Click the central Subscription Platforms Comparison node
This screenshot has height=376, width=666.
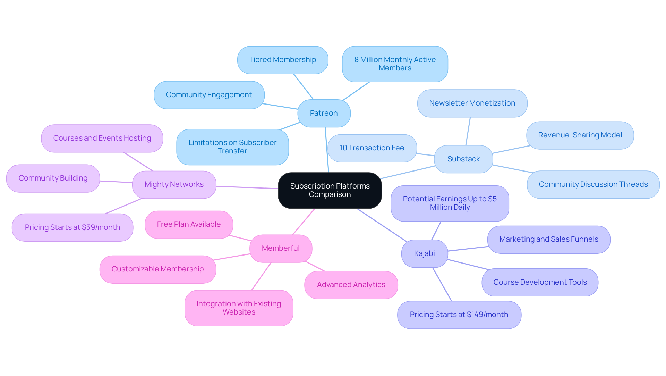tap(330, 190)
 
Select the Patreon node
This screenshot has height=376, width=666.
tap(324, 113)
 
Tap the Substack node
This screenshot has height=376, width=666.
tap(463, 159)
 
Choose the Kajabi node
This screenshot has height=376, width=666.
tap(424, 253)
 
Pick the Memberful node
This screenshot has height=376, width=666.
tap(281, 248)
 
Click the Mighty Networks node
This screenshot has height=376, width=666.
tap(174, 184)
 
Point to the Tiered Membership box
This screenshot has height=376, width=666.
tap(282, 60)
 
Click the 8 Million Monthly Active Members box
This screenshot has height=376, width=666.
tap(395, 64)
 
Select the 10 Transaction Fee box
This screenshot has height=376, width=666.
tap(372, 148)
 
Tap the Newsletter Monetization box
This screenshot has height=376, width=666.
tap(472, 103)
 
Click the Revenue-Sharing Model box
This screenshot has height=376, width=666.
tap(580, 135)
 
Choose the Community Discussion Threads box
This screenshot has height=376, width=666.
tap(593, 184)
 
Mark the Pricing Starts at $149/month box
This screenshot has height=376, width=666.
tap(459, 315)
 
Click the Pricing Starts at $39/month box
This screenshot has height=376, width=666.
tap(72, 227)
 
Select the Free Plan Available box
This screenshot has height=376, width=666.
tap(189, 224)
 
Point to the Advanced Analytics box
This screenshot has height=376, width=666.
tap(351, 285)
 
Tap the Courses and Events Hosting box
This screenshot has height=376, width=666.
tap(102, 138)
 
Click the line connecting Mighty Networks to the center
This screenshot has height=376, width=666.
tap(247, 187)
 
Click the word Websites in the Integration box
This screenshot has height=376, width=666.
tap(239, 312)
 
